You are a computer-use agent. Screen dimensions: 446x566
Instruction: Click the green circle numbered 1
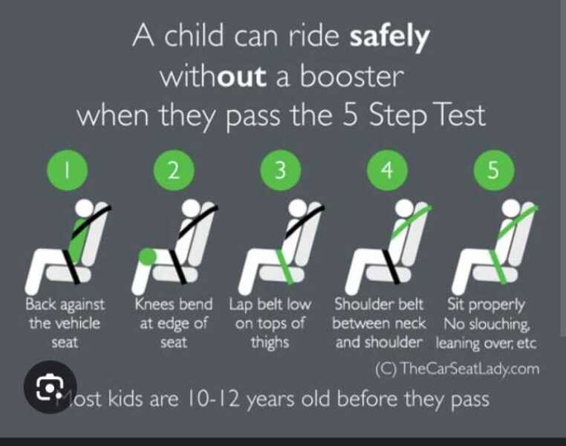click(x=66, y=170)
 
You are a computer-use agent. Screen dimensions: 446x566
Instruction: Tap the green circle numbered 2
click(x=173, y=170)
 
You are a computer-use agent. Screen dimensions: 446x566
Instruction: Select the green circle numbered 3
click(x=280, y=170)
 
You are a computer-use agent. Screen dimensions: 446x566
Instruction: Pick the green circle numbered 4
click(x=386, y=170)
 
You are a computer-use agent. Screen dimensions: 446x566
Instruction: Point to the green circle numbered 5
click(x=493, y=170)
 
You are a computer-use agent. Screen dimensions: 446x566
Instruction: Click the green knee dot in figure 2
click(x=147, y=256)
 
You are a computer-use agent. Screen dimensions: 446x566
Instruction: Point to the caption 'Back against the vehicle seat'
click(x=65, y=323)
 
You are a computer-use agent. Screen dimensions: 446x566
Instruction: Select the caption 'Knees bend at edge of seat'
click(x=173, y=323)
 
